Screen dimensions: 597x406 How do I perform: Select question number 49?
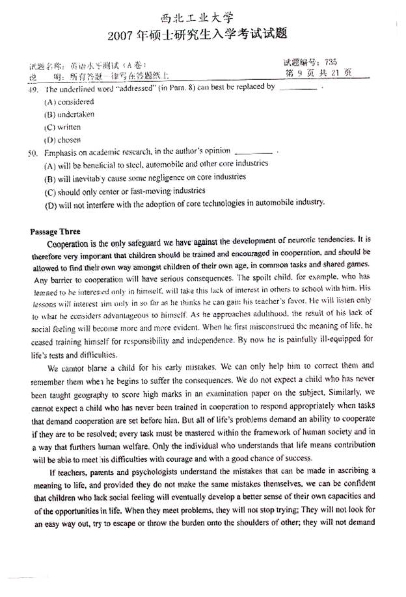pyautogui.click(x=34, y=88)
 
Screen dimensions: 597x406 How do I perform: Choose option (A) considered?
pyautogui.click(x=70, y=102)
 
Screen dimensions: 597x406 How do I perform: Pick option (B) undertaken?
pyautogui.click(x=70, y=115)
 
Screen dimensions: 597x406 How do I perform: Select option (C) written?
pyautogui.click(x=62, y=127)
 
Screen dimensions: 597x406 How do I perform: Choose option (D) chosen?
pyautogui.click(x=62, y=140)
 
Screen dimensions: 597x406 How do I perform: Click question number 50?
pyautogui.click(x=34, y=152)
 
